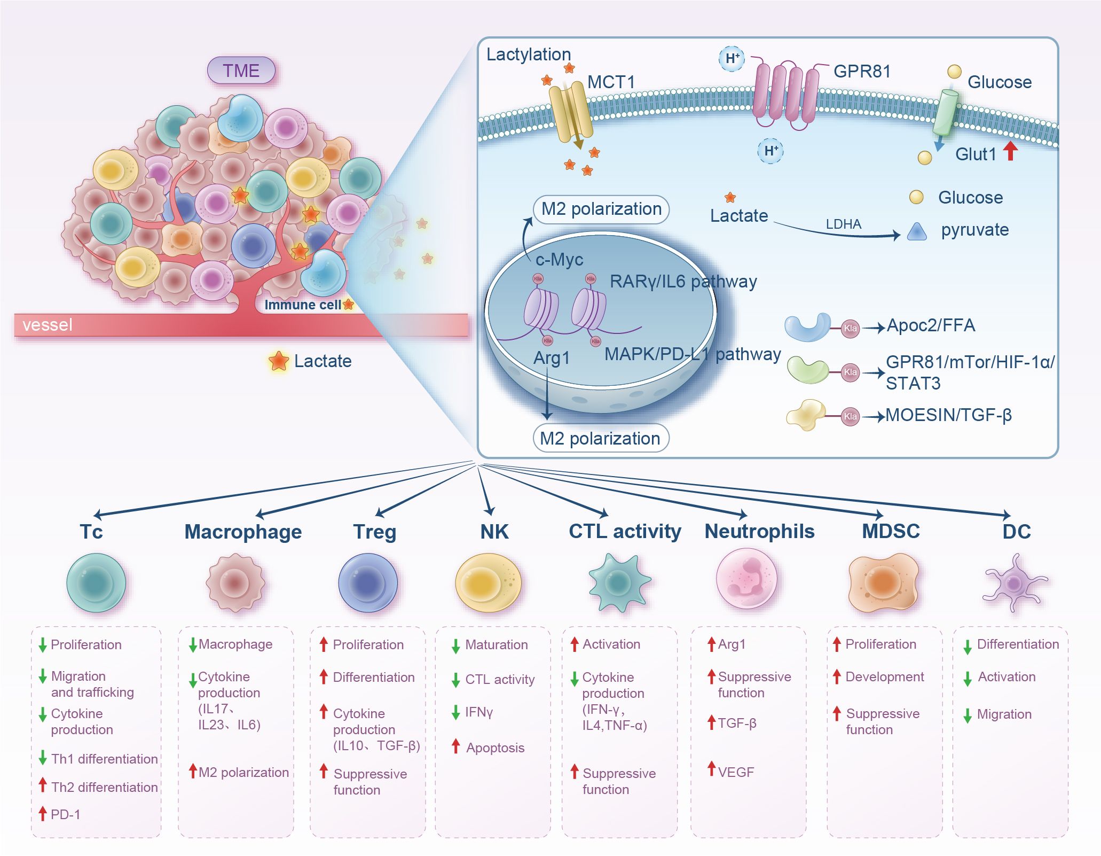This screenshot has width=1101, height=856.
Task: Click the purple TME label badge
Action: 241,71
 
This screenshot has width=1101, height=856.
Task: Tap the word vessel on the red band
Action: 47,325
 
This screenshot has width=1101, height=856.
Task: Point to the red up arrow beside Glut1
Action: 1010,151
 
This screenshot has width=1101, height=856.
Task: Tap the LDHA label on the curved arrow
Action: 843,224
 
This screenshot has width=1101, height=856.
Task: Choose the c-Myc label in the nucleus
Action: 559,260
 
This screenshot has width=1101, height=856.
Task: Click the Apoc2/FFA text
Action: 931,325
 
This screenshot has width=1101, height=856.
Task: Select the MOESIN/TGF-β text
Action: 948,415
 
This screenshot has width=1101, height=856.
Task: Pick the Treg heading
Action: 374,532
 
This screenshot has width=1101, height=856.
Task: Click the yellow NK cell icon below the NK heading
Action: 487,582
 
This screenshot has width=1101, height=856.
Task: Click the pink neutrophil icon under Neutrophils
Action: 746,580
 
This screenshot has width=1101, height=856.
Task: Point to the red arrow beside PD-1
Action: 43,813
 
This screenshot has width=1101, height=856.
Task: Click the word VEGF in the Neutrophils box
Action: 736,772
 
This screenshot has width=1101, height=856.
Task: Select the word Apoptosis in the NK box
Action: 495,748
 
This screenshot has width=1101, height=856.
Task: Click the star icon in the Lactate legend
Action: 278,361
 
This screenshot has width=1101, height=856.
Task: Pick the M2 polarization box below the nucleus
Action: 600,438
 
